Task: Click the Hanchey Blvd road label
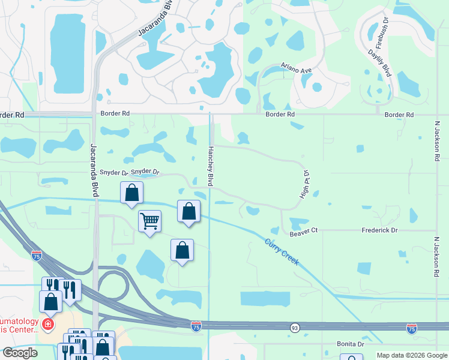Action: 211,166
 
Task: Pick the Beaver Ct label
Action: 303,230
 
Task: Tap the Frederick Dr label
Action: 379,230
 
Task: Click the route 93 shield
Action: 295,328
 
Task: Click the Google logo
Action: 20,353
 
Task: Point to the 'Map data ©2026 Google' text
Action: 412,355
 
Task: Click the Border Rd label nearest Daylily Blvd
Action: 399,115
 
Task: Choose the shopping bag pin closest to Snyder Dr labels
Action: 132,193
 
